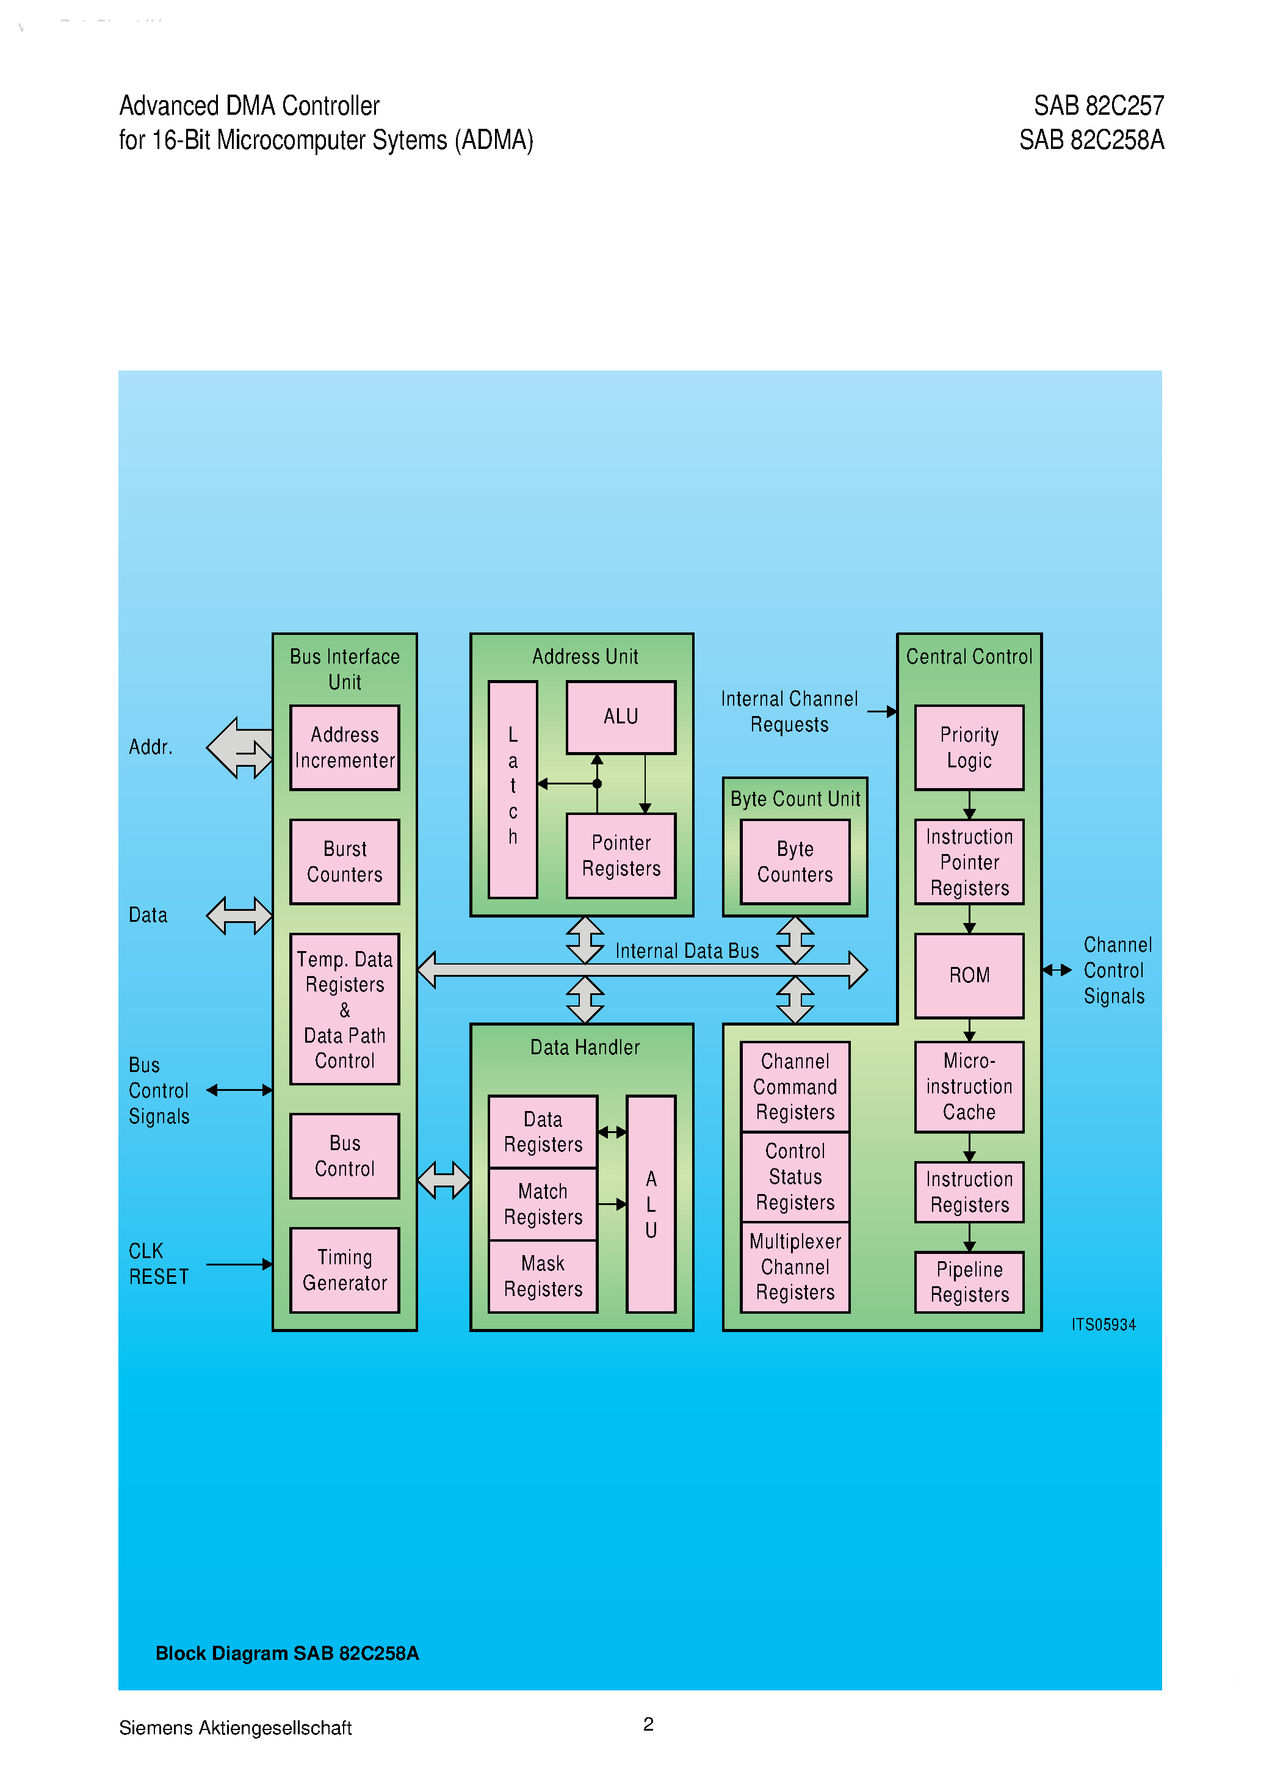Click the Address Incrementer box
click(x=344, y=748)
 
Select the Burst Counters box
click(x=344, y=861)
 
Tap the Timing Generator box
click(x=344, y=1270)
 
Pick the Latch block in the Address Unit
click(x=512, y=789)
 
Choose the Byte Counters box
click(x=795, y=861)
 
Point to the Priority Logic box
click(x=969, y=748)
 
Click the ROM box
click(x=969, y=975)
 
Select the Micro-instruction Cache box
click(x=969, y=1086)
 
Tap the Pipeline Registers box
click(x=969, y=1281)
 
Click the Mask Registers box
click(x=543, y=1276)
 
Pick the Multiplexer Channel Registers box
click(x=795, y=1267)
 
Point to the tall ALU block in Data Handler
click(x=651, y=1203)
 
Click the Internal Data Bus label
click(x=687, y=951)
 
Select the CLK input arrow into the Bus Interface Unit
click(x=239, y=1264)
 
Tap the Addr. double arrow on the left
click(x=239, y=748)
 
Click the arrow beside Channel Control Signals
click(x=1057, y=969)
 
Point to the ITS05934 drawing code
click(x=1103, y=1325)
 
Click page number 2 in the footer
click(x=648, y=1723)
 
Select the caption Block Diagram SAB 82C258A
click(x=287, y=1653)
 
